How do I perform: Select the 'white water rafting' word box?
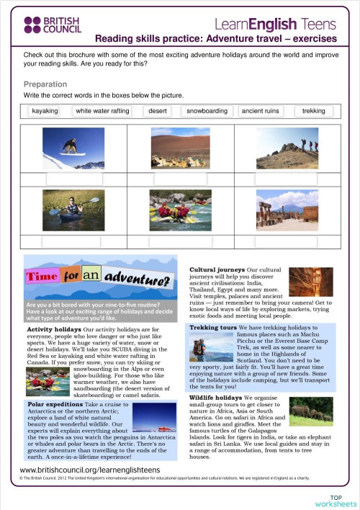[x=102, y=111]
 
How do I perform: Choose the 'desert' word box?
[x=158, y=111]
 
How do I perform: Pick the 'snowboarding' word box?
[x=207, y=111]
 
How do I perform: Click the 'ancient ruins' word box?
[x=262, y=111]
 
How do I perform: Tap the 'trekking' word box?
[x=313, y=111]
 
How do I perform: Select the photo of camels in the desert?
[x=181, y=148]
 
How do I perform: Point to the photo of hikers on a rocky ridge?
[x=289, y=148]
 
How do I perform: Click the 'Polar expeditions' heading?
[x=53, y=406]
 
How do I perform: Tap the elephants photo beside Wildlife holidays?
[x=311, y=411]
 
